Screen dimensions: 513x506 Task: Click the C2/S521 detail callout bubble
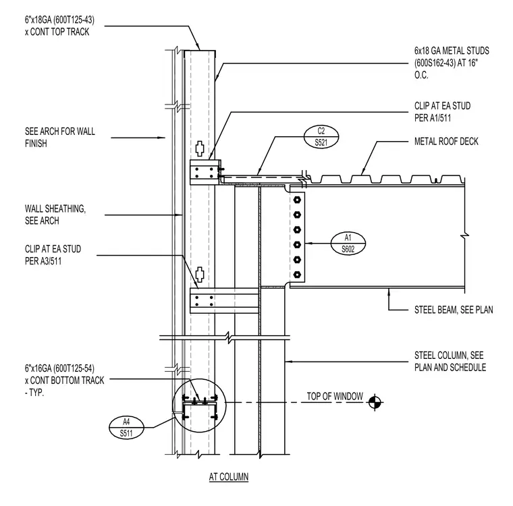[321, 137]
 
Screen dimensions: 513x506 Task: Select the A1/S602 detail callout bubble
[348, 244]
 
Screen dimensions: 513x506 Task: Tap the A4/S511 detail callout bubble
[126, 428]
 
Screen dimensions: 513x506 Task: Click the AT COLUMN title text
[229, 477]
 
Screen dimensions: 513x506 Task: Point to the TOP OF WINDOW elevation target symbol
[375, 402]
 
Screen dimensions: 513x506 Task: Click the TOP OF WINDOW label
[335, 397]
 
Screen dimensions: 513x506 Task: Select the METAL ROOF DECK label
[446, 141]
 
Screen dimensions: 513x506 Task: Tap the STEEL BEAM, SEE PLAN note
[454, 310]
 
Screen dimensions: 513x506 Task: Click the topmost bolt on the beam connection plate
[297, 200]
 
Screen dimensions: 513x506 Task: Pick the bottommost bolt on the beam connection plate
[297, 275]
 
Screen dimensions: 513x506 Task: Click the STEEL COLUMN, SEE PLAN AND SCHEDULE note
[450, 362]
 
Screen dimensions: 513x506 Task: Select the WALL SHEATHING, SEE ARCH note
[55, 215]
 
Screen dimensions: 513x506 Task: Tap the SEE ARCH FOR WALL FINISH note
[60, 138]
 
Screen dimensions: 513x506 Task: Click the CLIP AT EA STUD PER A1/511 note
[442, 112]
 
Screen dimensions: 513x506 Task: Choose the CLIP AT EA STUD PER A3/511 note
[53, 255]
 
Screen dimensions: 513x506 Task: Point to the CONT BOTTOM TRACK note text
[64, 381]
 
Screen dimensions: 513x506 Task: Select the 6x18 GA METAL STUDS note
[452, 63]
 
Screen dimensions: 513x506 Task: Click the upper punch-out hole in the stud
[200, 148]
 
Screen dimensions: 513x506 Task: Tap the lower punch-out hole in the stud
[200, 275]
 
